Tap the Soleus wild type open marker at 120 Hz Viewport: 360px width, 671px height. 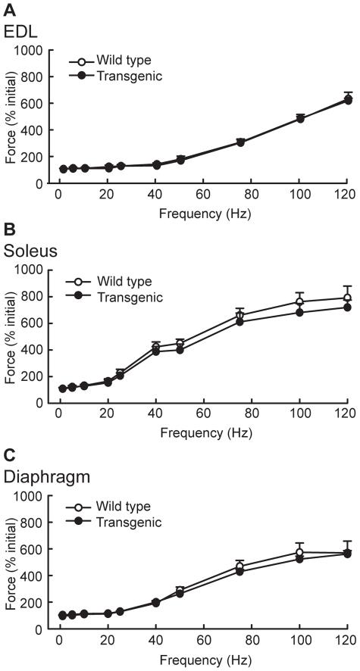pyautogui.click(x=347, y=298)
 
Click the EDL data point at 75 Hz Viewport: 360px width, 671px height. pyautogui.click(x=239, y=142)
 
